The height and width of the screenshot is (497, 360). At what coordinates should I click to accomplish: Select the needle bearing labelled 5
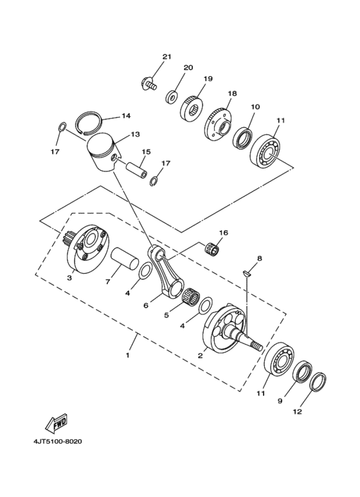point(188,298)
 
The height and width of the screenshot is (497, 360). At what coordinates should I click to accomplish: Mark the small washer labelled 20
point(172,97)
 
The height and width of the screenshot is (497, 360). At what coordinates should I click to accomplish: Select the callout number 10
point(255,106)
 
